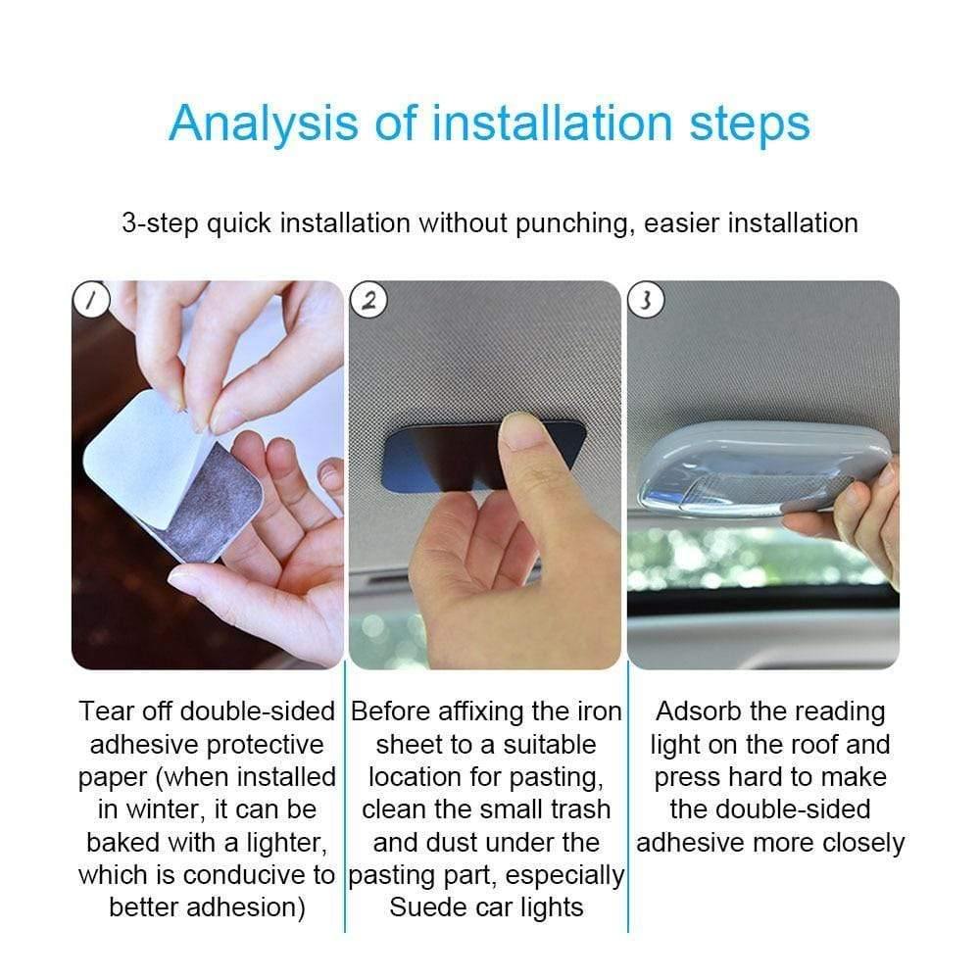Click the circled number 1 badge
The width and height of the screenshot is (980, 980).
tap(91, 301)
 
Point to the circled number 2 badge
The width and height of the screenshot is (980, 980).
tap(368, 301)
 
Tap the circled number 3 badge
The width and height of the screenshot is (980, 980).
tap(646, 301)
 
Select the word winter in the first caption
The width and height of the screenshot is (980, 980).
tap(163, 809)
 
